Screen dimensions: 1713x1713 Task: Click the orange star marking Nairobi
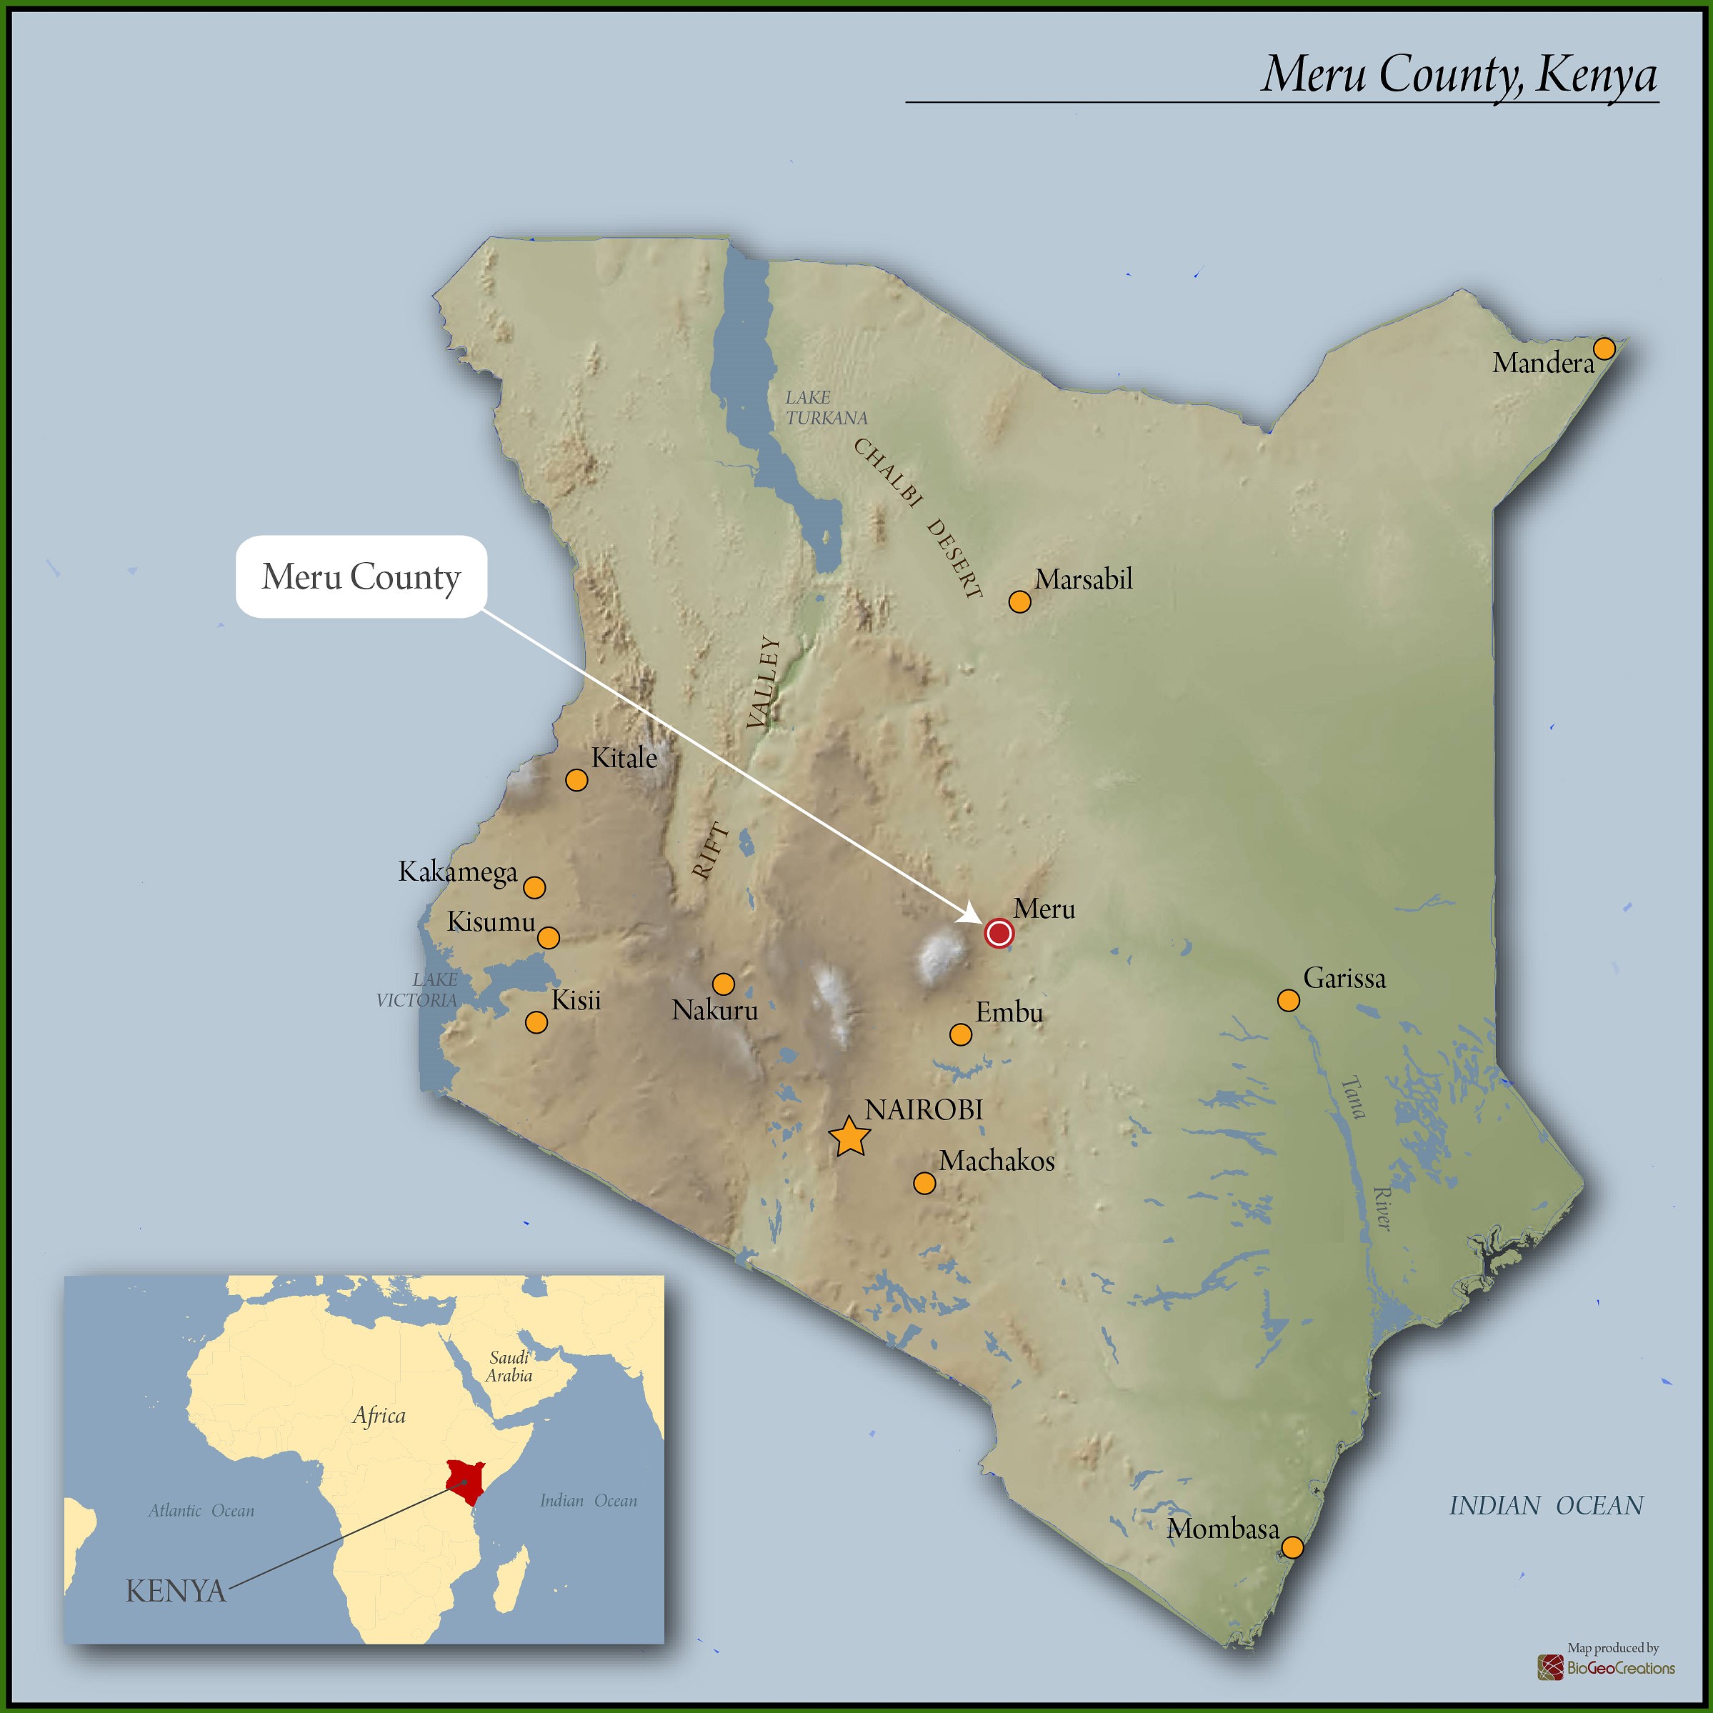click(849, 1137)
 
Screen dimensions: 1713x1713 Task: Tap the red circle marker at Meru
click(999, 933)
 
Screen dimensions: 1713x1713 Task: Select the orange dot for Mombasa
click(1293, 1547)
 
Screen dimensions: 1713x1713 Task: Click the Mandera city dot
click(1604, 349)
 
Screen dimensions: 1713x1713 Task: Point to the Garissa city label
click(1344, 979)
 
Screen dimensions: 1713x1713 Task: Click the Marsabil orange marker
click(1019, 602)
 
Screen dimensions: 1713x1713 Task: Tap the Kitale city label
click(624, 758)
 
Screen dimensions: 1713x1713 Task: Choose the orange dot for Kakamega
click(534, 887)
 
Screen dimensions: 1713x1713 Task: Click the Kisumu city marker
click(549, 937)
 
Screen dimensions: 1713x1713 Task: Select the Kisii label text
click(576, 1001)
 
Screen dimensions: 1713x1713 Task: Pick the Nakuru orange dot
click(724, 984)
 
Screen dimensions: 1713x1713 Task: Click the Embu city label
click(1009, 1012)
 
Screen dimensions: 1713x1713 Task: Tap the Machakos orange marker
click(924, 1183)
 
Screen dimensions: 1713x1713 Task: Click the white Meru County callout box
click(361, 576)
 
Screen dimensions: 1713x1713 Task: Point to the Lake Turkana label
click(826, 408)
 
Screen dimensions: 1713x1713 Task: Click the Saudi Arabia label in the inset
click(509, 1367)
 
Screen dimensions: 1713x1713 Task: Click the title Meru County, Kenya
click(1459, 74)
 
